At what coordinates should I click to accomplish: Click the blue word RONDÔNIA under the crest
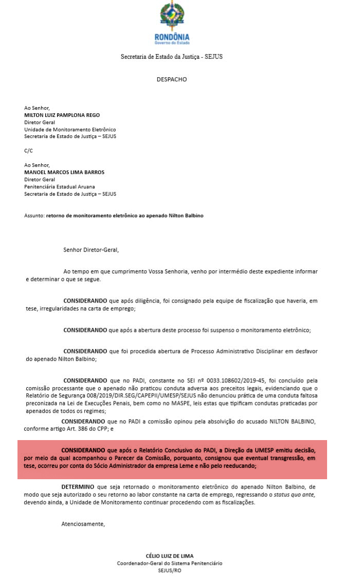(172, 37)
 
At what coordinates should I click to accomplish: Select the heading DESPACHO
(172, 80)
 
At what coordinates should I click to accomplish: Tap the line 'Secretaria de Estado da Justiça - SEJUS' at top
(172, 57)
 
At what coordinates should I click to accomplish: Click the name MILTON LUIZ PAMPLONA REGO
(62, 115)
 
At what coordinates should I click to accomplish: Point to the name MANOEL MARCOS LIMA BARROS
(64, 172)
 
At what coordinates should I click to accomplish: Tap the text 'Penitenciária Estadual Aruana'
(60, 186)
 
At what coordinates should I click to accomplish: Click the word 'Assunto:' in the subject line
(34, 216)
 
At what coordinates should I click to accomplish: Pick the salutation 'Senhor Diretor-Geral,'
(91, 250)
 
